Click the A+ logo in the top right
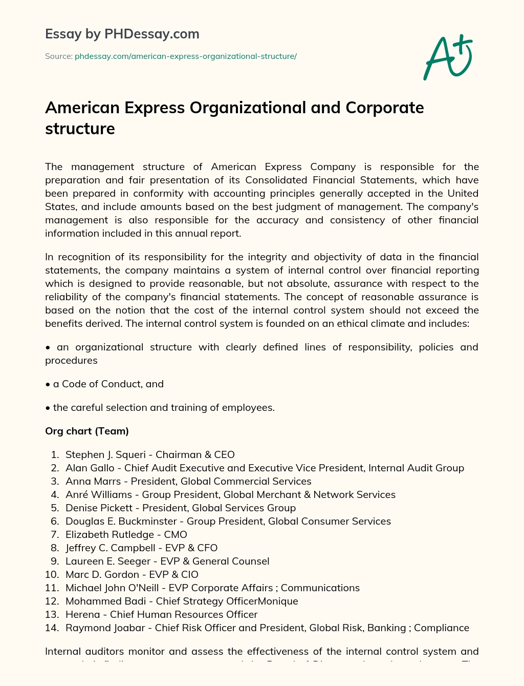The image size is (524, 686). (447, 57)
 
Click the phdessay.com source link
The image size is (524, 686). (186, 56)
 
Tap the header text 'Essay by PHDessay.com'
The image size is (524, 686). (122, 34)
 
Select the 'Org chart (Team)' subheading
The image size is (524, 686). (87, 431)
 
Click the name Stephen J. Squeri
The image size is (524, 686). (105, 454)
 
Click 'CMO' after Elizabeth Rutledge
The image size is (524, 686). (176, 534)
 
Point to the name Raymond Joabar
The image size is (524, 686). (105, 628)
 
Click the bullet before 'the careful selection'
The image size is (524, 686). (48, 408)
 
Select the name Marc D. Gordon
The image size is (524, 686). (102, 574)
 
